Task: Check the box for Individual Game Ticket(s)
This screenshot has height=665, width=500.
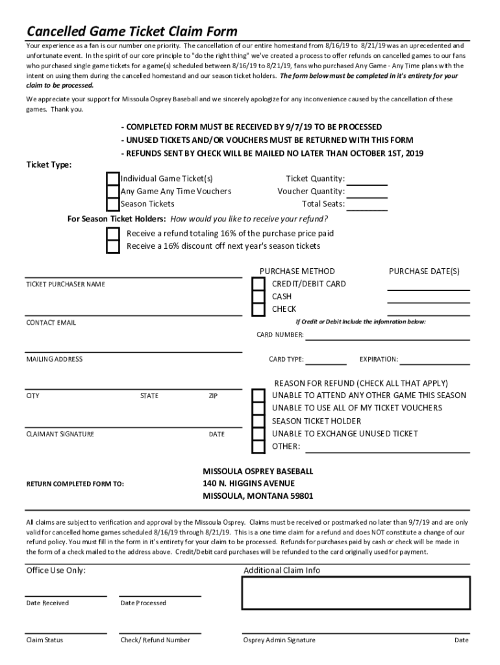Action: click(113, 179)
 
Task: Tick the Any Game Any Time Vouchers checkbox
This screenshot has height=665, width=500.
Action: click(113, 192)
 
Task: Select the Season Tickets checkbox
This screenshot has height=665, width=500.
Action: click(113, 204)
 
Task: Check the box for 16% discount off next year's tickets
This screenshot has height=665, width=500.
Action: click(113, 246)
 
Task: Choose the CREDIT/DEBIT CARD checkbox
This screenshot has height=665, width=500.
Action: click(258, 284)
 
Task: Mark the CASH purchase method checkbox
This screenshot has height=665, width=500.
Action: click(258, 297)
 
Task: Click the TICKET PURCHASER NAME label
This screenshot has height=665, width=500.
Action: click(66, 284)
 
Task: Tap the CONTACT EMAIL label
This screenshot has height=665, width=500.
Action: click(51, 323)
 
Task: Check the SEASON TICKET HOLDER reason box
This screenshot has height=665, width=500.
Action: click(258, 421)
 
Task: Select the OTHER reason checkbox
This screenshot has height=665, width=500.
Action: click(258, 446)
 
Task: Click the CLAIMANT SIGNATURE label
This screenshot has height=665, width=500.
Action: click(60, 434)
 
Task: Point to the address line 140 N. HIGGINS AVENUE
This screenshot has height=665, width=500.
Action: click(249, 484)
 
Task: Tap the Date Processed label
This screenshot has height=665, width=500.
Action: click(144, 603)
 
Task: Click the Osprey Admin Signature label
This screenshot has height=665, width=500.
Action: click(279, 640)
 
